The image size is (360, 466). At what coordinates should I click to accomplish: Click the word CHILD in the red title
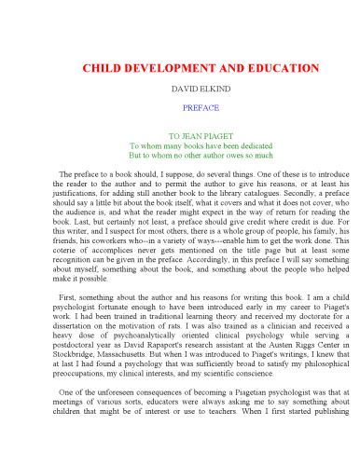click(x=104, y=70)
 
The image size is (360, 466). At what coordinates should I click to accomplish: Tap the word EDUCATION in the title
click(x=277, y=70)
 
